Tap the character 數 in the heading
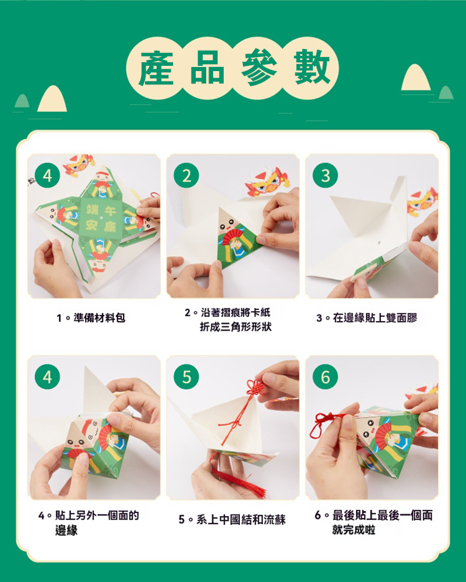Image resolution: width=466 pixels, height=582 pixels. pyautogui.click(x=312, y=68)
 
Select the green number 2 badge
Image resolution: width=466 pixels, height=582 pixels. pyautogui.click(x=186, y=175)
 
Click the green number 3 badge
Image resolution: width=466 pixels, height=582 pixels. pyautogui.click(x=326, y=175)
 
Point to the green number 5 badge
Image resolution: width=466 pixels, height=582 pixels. pyautogui.click(x=186, y=377)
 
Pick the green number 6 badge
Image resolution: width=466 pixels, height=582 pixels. pyautogui.click(x=326, y=377)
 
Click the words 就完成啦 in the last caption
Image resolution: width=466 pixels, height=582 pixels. pyautogui.click(x=354, y=530)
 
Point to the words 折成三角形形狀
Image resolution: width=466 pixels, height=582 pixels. pyautogui.click(x=236, y=327)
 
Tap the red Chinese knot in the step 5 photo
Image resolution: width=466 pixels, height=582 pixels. pyautogui.click(x=256, y=387)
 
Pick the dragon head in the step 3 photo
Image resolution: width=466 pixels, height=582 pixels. pyautogui.click(x=422, y=202)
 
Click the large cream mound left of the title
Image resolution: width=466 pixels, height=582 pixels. pyautogui.click(x=52, y=98)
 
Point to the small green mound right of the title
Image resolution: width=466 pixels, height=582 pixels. pyautogui.click(x=446, y=93)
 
